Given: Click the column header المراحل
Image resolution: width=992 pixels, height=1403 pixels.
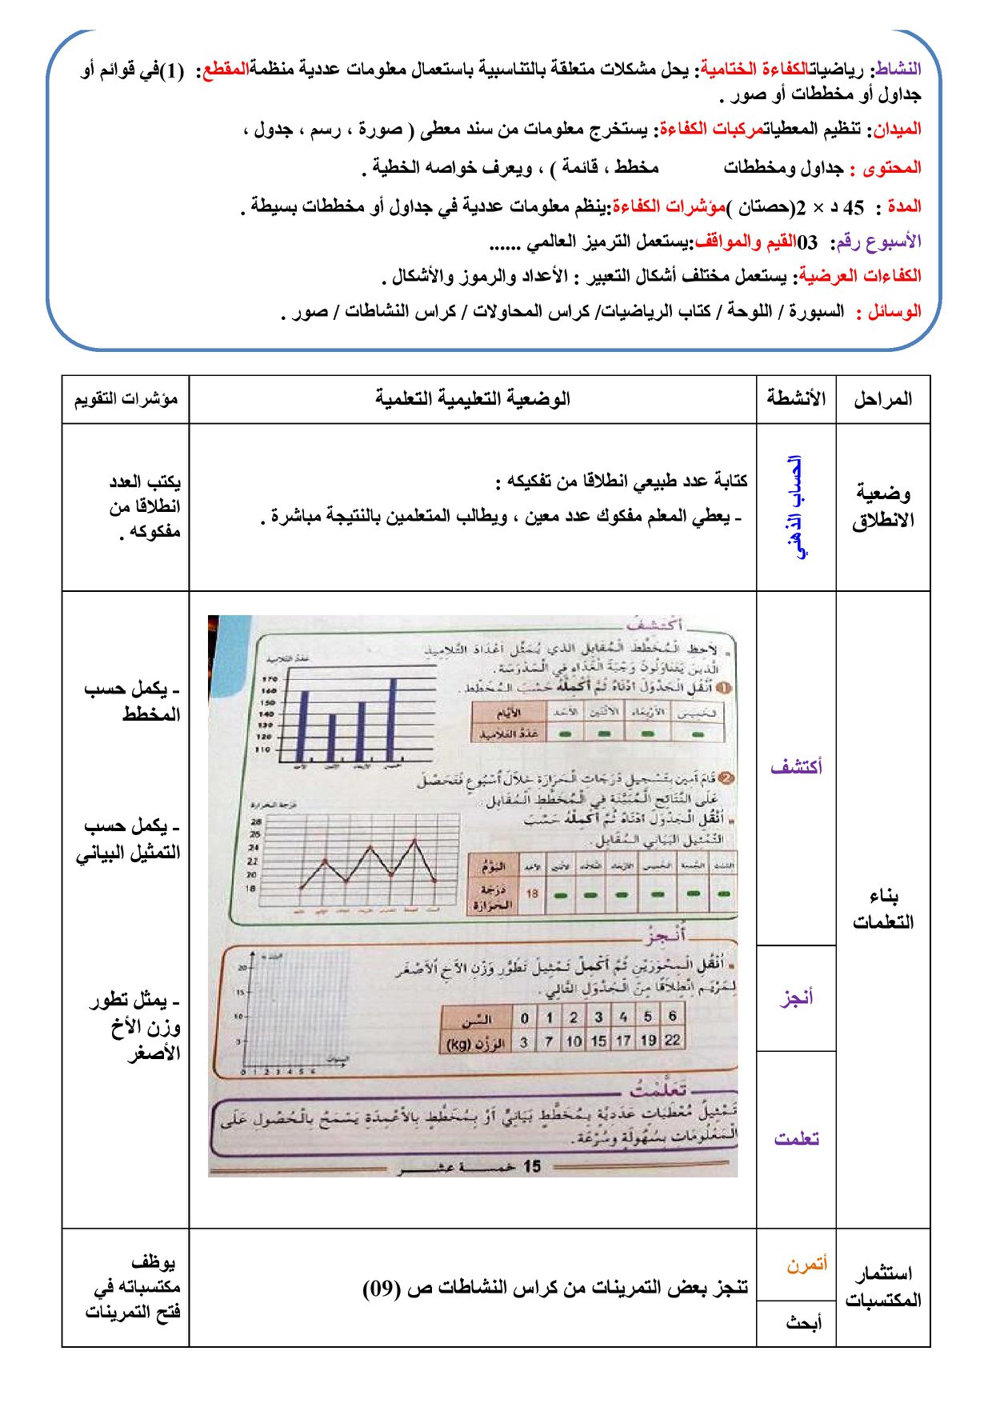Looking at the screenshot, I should point(882,399).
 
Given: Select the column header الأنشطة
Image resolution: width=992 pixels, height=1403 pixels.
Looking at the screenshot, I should point(796,398).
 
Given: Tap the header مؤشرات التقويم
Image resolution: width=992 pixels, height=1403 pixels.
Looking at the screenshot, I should point(126,399).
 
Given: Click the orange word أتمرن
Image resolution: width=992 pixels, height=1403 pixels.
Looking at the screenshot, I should point(806,1265).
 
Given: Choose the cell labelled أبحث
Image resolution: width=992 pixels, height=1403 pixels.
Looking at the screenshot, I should point(803,1322).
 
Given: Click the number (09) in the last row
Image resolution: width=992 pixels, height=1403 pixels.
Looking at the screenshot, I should point(382,1289).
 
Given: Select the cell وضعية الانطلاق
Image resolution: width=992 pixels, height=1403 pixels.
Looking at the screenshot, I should point(882,506).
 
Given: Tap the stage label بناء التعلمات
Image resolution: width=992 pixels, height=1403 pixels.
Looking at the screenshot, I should point(882,909).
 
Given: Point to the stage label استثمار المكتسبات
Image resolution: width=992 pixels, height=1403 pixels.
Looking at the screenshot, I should point(882,1286).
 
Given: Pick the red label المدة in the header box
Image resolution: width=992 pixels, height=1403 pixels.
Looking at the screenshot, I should point(904,207).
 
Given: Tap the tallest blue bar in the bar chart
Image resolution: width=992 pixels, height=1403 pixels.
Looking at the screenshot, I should point(392,720).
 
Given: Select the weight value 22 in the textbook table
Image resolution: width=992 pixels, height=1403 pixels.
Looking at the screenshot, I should point(673,1041).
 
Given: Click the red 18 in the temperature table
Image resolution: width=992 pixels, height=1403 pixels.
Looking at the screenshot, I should point(532,893).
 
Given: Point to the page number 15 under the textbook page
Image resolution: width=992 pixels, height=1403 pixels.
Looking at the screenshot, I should point(532,1166).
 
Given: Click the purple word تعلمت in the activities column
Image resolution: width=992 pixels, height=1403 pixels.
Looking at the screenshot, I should point(797,1139).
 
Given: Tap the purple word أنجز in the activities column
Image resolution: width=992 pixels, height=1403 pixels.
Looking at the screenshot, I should point(797,997).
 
